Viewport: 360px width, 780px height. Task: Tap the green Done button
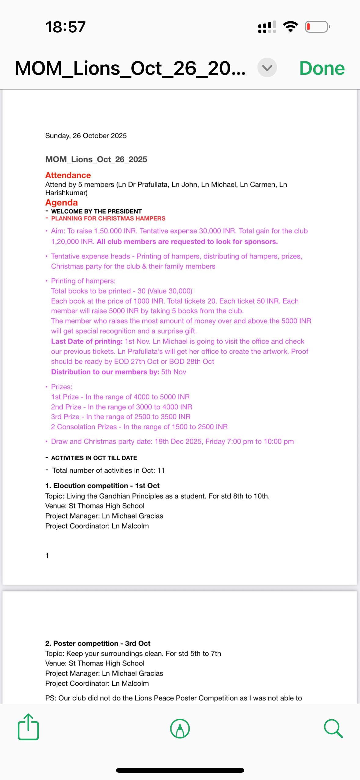click(322, 68)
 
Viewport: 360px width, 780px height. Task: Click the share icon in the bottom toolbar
click(28, 727)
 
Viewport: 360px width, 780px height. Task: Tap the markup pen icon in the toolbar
click(180, 728)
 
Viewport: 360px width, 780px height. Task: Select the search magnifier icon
click(333, 728)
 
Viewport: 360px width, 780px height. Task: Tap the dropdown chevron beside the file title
click(267, 67)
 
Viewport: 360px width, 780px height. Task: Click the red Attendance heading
click(68, 175)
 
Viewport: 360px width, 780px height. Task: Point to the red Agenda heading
click(61, 203)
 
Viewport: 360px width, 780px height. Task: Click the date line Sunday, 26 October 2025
click(86, 136)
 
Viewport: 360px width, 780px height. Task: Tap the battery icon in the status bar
click(317, 27)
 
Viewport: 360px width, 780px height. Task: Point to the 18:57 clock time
click(66, 27)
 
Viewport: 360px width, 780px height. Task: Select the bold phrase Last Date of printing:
click(87, 341)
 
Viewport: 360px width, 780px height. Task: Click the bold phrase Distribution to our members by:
click(105, 372)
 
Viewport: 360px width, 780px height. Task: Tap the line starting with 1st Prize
click(120, 397)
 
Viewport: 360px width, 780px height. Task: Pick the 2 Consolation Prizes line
click(139, 427)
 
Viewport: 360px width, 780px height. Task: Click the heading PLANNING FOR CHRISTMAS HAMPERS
click(108, 218)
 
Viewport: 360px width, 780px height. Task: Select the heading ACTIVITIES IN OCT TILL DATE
click(94, 458)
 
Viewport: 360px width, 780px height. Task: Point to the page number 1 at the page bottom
click(47, 555)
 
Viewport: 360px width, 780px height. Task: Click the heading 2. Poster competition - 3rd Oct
click(98, 643)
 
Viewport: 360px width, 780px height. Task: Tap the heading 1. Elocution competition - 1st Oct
click(102, 486)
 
